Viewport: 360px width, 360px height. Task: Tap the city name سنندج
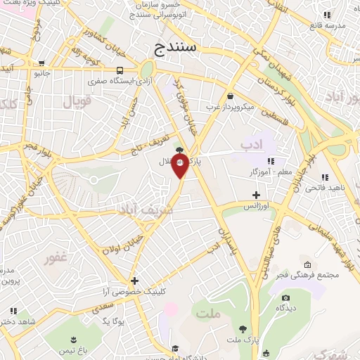tap(177, 49)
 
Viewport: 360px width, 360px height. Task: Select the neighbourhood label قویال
tap(77, 100)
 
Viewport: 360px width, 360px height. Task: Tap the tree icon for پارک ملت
tap(243, 328)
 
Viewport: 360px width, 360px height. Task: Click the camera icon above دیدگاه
tap(285, 296)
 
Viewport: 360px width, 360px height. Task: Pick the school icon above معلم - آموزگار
tap(272, 161)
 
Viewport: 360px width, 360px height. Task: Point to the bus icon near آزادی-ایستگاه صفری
tap(121, 70)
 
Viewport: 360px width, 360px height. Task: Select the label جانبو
tap(42, 72)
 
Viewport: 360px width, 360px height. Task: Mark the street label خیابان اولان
tap(125, 245)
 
